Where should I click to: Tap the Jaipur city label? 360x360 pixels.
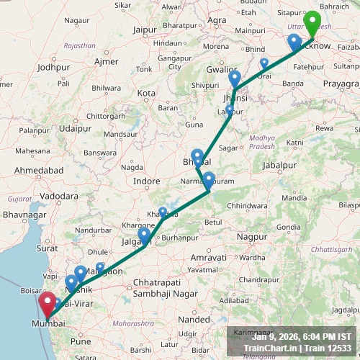coord(145,30)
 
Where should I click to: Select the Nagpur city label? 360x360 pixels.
coord(251,236)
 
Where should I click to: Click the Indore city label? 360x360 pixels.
coord(146,181)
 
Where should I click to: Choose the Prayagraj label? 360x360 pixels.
coord(341,84)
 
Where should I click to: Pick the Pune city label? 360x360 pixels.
coord(81,341)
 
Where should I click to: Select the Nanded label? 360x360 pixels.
coord(195,318)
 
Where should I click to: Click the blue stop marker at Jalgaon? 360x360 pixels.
coord(145,235)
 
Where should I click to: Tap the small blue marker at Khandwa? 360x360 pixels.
coord(163,212)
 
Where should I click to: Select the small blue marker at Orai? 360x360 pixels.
coord(264,63)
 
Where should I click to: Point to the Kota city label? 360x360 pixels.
coord(147,94)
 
